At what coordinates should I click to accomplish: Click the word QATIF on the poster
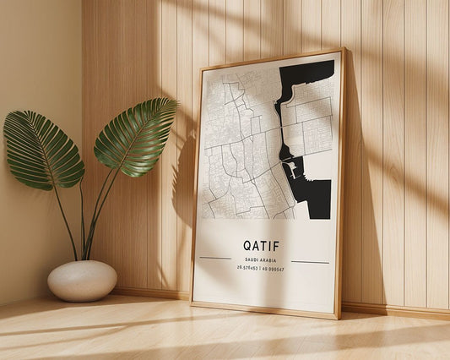coord(261,246)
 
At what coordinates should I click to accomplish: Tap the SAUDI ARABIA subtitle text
coord(261,259)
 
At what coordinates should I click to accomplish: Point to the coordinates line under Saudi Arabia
coord(261,270)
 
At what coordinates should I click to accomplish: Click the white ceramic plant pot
coord(82,281)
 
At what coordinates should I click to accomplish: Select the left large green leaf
coord(42,150)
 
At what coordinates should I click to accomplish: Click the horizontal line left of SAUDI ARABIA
coord(215,258)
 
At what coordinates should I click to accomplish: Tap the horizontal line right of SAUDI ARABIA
coord(308,262)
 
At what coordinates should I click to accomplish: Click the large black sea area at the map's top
coord(304,80)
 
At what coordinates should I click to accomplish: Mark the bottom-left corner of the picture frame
coord(192,303)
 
